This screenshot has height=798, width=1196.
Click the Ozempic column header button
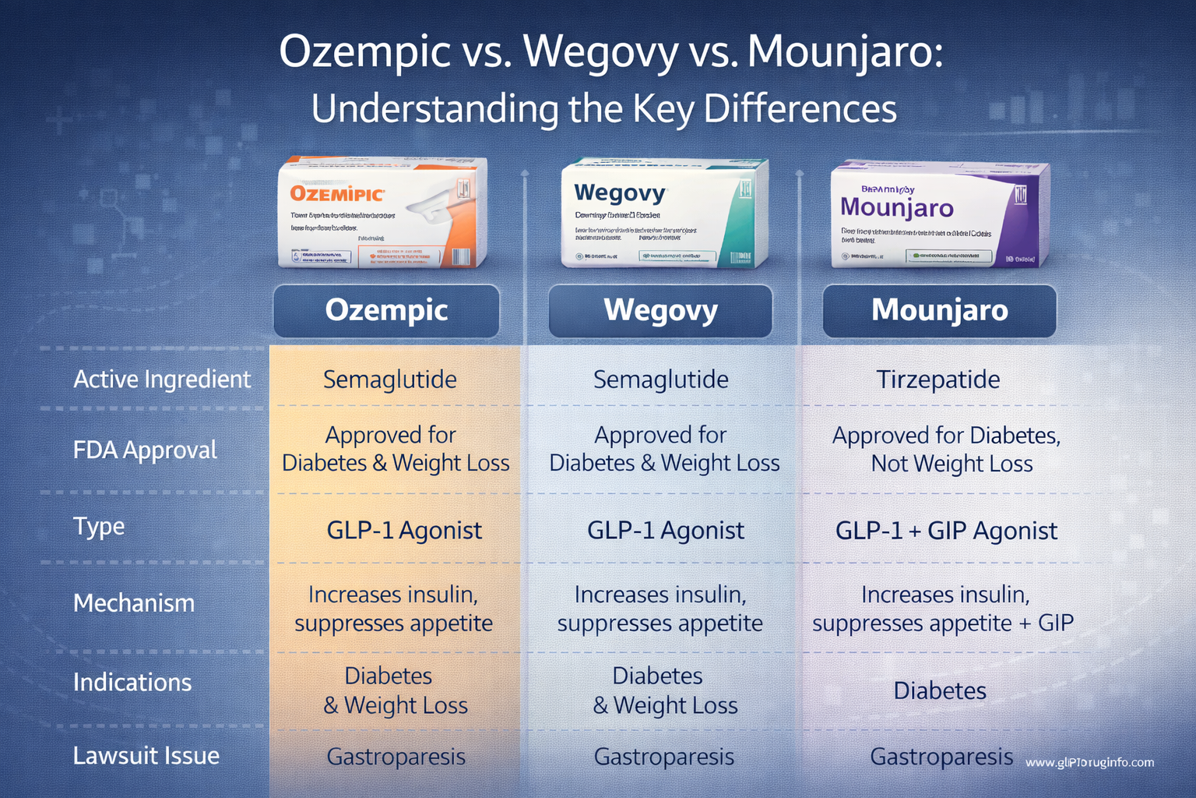click(x=386, y=310)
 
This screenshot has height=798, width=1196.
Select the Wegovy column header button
click(x=660, y=310)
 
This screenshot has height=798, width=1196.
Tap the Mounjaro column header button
click(x=939, y=310)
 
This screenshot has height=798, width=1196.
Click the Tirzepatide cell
click(x=937, y=380)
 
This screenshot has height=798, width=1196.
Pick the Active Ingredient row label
click(x=162, y=380)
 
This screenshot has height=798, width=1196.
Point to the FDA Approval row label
click(x=145, y=450)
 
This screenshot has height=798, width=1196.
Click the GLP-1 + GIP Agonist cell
click(x=945, y=531)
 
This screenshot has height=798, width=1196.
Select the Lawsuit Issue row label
click(x=146, y=755)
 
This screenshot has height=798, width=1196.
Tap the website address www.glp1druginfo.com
click(x=1089, y=762)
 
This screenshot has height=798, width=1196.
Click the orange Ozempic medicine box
click(x=383, y=213)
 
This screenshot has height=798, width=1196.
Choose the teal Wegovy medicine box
click(x=663, y=213)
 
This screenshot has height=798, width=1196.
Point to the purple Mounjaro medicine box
click(x=939, y=214)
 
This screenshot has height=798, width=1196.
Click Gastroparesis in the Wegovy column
click(x=663, y=757)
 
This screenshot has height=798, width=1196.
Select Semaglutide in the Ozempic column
click(x=389, y=380)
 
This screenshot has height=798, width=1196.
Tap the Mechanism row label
click(x=134, y=603)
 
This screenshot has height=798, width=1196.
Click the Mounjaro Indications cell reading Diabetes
click(x=939, y=690)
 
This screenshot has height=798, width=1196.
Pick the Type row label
click(x=99, y=527)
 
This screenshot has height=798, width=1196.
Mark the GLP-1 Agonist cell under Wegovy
click(x=665, y=531)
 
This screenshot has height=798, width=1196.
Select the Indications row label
click(x=132, y=683)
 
